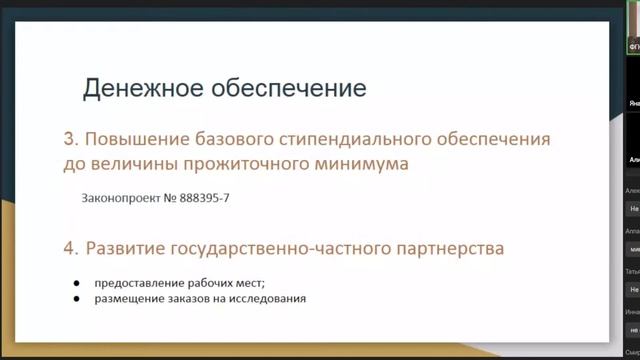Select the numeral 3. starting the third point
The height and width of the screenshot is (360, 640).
point(72,139)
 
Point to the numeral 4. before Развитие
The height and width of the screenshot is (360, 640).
point(72,247)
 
